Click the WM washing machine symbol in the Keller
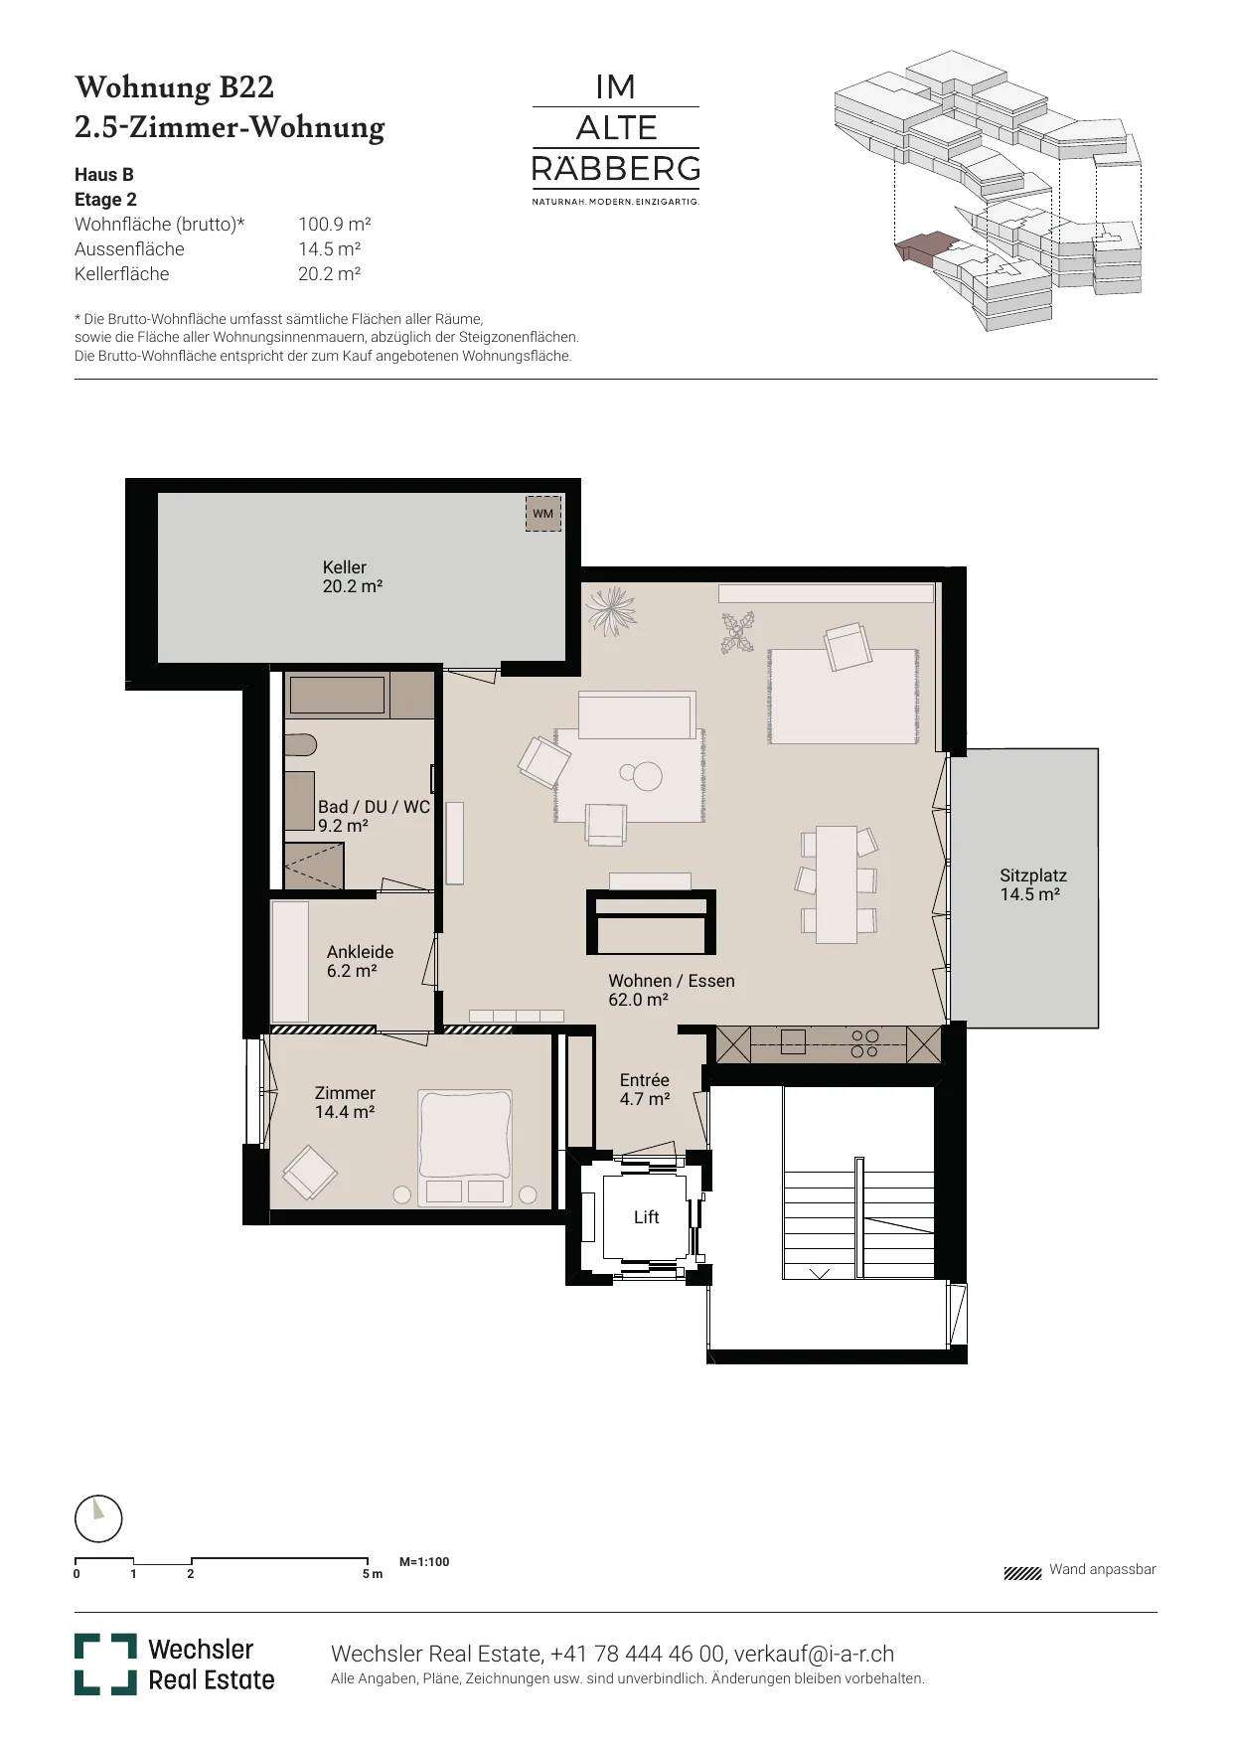[543, 514]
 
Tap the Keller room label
[352, 576]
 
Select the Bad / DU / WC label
[374, 816]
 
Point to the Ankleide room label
[360, 961]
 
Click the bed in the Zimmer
[465, 1148]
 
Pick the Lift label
[647, 1217]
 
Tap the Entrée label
[645, 1089]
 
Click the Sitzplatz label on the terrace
[1032, 884]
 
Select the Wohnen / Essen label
[672, 990]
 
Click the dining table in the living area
[837, 883]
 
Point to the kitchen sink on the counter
[793, 1041]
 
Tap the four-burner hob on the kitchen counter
[865, 1043]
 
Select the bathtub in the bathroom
[336, 696]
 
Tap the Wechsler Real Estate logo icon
[105, 1664]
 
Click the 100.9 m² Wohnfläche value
[335, 225]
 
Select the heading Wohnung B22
[175, 87]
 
